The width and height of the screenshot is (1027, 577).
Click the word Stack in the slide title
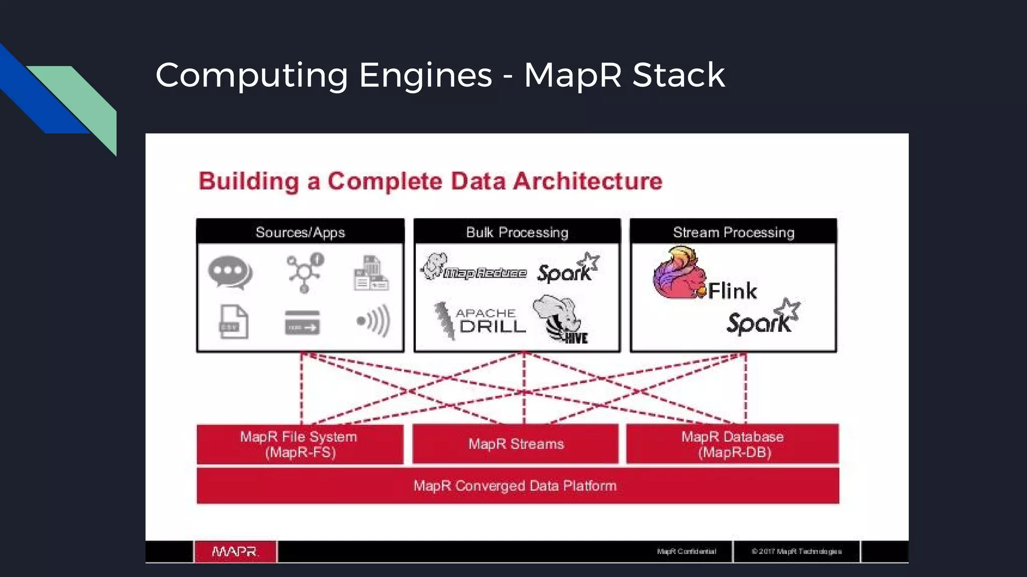pyautogui.click(x=678, y=75)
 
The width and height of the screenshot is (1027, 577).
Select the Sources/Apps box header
pyautogui.click(x=300, y=232)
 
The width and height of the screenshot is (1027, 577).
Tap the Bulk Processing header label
pyautogui.click(x=517, y=232)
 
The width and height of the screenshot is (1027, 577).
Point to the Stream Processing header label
pyautogui.click(x=733, y=232)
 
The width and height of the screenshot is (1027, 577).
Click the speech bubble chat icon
pyautogui.click(x=230, y=273)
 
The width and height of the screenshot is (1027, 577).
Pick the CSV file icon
pyautogui.click(x=234, y=322)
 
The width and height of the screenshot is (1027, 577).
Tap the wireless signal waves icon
pyautogui.click(x=373, y=321)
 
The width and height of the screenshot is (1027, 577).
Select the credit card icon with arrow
pyautogui.click(x=302, y=323)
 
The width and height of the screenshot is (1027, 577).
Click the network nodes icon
pyautogui.click(x=305, y=273)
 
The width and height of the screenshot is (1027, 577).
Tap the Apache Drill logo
pyautogui.click(x=480, y=321)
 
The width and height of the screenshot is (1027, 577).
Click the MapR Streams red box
pyautogui.click(x=516, y=444)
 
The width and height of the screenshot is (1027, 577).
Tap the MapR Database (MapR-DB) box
pyautogui.click(x=732, y=444)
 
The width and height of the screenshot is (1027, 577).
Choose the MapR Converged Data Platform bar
pyautogui.click(x=517, y=486)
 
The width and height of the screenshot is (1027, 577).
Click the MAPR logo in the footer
pyautogui.click(x=235, y=551)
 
